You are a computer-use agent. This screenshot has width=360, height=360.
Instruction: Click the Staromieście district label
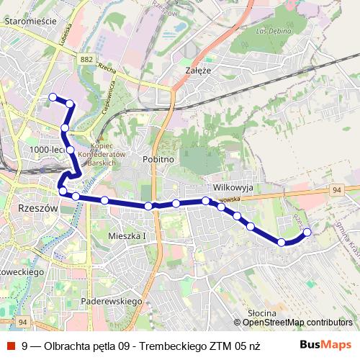tap(30, 22)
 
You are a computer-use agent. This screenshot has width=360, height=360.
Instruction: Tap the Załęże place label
tap(197, 71)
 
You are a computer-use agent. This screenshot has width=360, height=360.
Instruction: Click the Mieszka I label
tap(127, 235)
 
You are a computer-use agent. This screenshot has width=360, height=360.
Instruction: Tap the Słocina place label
tap(261, 312)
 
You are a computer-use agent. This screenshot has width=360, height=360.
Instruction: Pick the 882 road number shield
tap(88, 60)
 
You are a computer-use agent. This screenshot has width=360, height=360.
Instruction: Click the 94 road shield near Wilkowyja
tap(336, 189)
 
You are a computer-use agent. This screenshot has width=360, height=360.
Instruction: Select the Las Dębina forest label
tap(271, 31)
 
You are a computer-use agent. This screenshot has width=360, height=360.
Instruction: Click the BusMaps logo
tap(325, 345)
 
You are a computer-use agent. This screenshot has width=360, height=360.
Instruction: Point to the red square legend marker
tap(11, 346)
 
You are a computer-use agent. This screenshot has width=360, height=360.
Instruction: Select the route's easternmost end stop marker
tap(307, 232)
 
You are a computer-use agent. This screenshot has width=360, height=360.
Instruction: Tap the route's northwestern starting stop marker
tap(52, 97)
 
